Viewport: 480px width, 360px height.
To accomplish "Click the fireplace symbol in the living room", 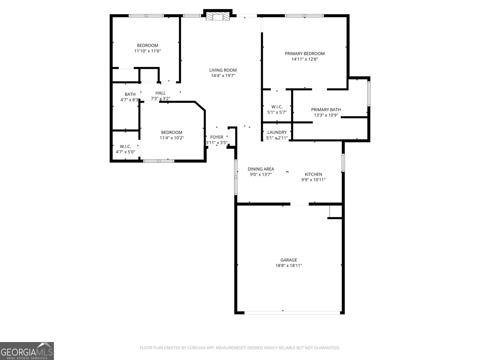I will (218, 17).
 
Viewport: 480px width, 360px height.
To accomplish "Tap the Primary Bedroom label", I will (304, 54).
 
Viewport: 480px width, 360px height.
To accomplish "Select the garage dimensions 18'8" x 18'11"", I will (289, 265).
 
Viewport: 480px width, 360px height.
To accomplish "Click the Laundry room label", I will (277, 132).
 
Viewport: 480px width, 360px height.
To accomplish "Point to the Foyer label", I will (217, 137).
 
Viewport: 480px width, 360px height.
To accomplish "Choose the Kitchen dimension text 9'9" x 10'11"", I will (313, 180).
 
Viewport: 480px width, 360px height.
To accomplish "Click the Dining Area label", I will (261, 169).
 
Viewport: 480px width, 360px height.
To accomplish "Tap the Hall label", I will (160, 93).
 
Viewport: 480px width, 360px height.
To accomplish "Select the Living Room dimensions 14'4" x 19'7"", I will (223, 76).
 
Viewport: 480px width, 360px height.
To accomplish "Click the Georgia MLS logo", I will (27, 351).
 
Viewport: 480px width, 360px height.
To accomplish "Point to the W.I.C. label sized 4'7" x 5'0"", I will (125, 146).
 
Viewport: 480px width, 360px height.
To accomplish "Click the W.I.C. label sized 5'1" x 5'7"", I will (277, 107).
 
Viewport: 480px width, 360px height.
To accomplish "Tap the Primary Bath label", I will (326, 110).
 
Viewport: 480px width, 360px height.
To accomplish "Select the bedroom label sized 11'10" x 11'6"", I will (148, 46).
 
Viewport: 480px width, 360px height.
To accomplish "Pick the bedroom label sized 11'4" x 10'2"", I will (172, 133).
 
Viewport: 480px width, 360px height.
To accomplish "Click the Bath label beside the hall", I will (130, 94).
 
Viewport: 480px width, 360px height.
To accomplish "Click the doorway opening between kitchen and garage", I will (299, 204).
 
